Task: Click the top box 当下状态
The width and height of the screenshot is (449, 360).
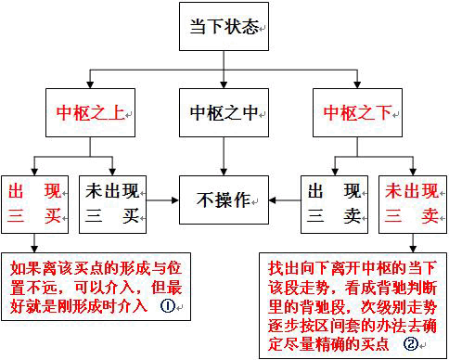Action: click(x=224, y=29)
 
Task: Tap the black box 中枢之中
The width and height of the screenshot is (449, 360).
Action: click(x=224, y=115)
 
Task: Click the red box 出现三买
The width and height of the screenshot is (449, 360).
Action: click(x=34, y=204)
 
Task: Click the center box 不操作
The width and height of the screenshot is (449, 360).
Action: click(x=224, y=199)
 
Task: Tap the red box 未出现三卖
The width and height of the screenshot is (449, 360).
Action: click(x=409, y=204)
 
